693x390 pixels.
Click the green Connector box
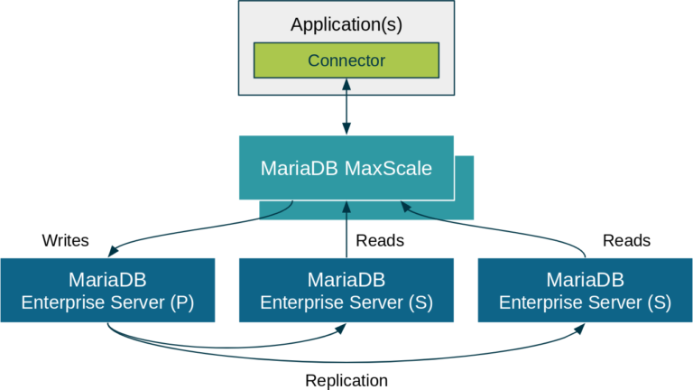click(346, 61)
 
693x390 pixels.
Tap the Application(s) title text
click(346, 24)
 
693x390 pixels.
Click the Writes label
click(65, 241)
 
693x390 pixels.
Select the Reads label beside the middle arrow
click(380, 241)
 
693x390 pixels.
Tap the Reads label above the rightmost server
click(625, 241)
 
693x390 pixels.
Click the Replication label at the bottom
click(346, 380)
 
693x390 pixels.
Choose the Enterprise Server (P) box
click(107, 290)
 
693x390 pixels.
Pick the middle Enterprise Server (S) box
click(346, 290)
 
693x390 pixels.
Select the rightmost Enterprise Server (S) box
click(585, 290)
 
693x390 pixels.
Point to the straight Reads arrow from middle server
click(346, 235)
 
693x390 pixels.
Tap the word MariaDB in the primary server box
click(107, 277)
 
